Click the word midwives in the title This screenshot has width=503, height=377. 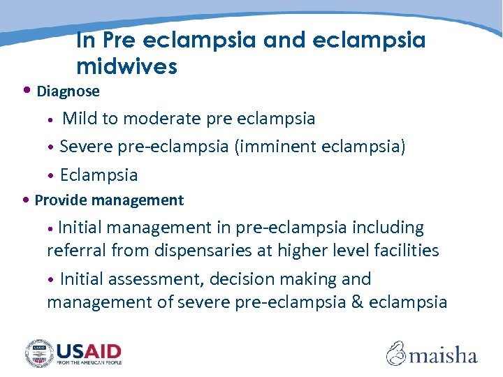(126, 66)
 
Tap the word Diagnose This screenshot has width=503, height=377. (68, 91)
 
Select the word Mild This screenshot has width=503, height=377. (80, 119)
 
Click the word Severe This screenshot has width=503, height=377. (86, 147)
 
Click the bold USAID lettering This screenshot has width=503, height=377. (89, 350)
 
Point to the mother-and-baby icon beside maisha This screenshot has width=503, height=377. (396, 353)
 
